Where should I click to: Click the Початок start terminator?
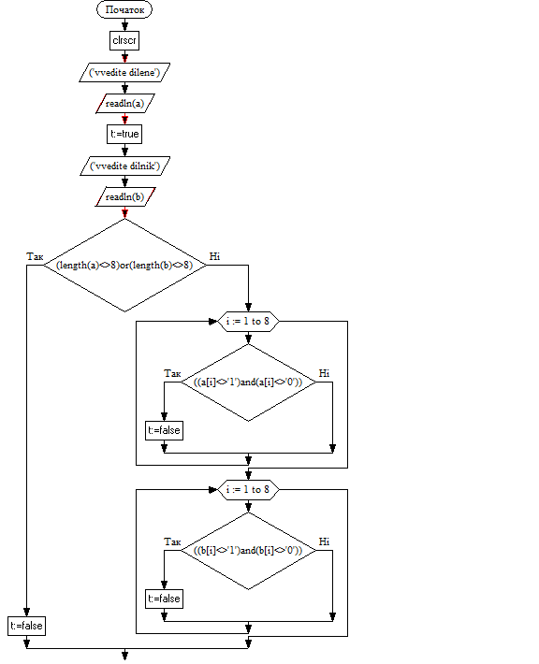coord(124,9)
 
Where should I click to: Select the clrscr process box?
coord(124,40)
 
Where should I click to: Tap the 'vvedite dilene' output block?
coord(124,72)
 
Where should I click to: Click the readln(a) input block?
coord(124,103)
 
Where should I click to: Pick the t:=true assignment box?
coord(124,135)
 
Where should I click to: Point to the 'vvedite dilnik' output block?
coord(125,166)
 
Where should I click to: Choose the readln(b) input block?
coord(124,197)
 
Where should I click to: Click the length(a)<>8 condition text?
coord(88,265)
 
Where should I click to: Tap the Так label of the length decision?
coord(35,256)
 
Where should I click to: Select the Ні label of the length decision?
coord(215,256)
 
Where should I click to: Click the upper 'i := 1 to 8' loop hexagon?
coord(248,322)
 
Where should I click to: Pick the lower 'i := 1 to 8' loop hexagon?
coord(248,490)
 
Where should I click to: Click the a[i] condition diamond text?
coord(248,382)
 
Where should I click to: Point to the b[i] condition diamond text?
coord(248,551)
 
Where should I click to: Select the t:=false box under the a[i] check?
coord(164,431)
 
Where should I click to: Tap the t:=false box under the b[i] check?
coord(164,599)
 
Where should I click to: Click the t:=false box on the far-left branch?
coord(27,626)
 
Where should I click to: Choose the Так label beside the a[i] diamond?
coord(172,373)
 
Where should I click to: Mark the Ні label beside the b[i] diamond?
coord(324,541)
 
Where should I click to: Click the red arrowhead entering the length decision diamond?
coord(124,213)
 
